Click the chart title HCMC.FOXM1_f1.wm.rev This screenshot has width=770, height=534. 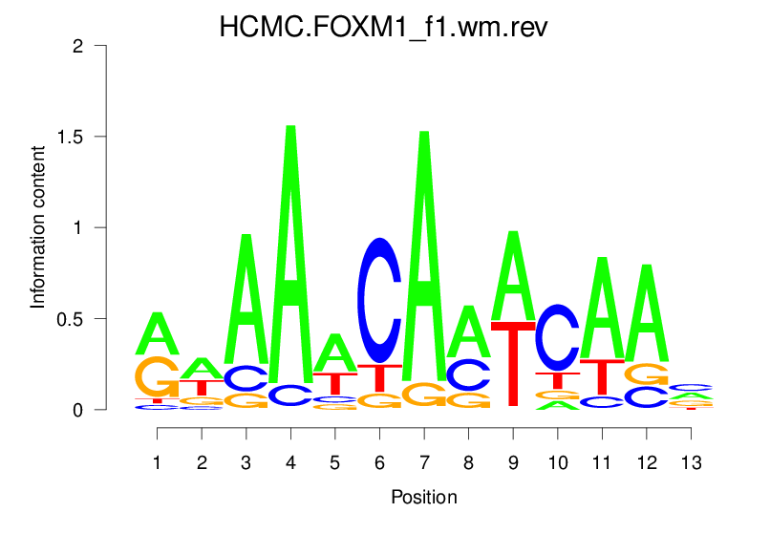(x=383, y=26)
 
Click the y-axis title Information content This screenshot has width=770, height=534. (x=38, y=227)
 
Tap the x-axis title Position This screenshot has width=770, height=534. (x=423, y=498)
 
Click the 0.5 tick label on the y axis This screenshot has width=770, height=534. (x=76, y=318)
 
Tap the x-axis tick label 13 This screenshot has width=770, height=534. (x=691, y=463)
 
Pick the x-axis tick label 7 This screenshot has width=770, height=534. (x=423, y=463)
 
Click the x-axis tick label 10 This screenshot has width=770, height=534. (x=557, y=463)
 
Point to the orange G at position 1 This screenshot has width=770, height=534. (x=157, y=376)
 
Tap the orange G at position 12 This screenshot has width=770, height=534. (x=646, y=374)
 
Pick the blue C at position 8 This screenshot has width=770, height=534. (x=468, y=374)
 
